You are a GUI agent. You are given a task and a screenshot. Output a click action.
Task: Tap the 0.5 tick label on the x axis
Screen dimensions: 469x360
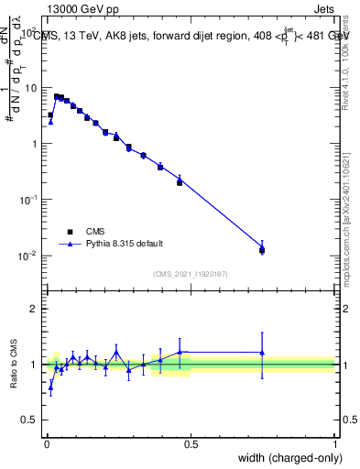tap(191, 444)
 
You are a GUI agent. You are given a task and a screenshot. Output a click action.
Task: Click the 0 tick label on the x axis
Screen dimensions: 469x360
tap(46, 444)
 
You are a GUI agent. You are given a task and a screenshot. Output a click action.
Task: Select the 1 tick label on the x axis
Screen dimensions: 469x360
tap(335, 444)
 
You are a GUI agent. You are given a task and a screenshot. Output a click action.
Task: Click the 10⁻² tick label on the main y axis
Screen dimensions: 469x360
tap(29, 256)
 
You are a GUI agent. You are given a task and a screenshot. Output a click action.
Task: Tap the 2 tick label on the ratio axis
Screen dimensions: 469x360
tap(35, 309)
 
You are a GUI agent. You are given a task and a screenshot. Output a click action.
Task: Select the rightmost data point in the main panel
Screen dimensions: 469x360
tap(262, 249)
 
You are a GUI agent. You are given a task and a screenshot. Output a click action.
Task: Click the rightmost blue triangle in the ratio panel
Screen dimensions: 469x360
tap(262, 352)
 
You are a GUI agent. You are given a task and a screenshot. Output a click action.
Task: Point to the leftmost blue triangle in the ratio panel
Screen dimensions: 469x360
tap(50, 387)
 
